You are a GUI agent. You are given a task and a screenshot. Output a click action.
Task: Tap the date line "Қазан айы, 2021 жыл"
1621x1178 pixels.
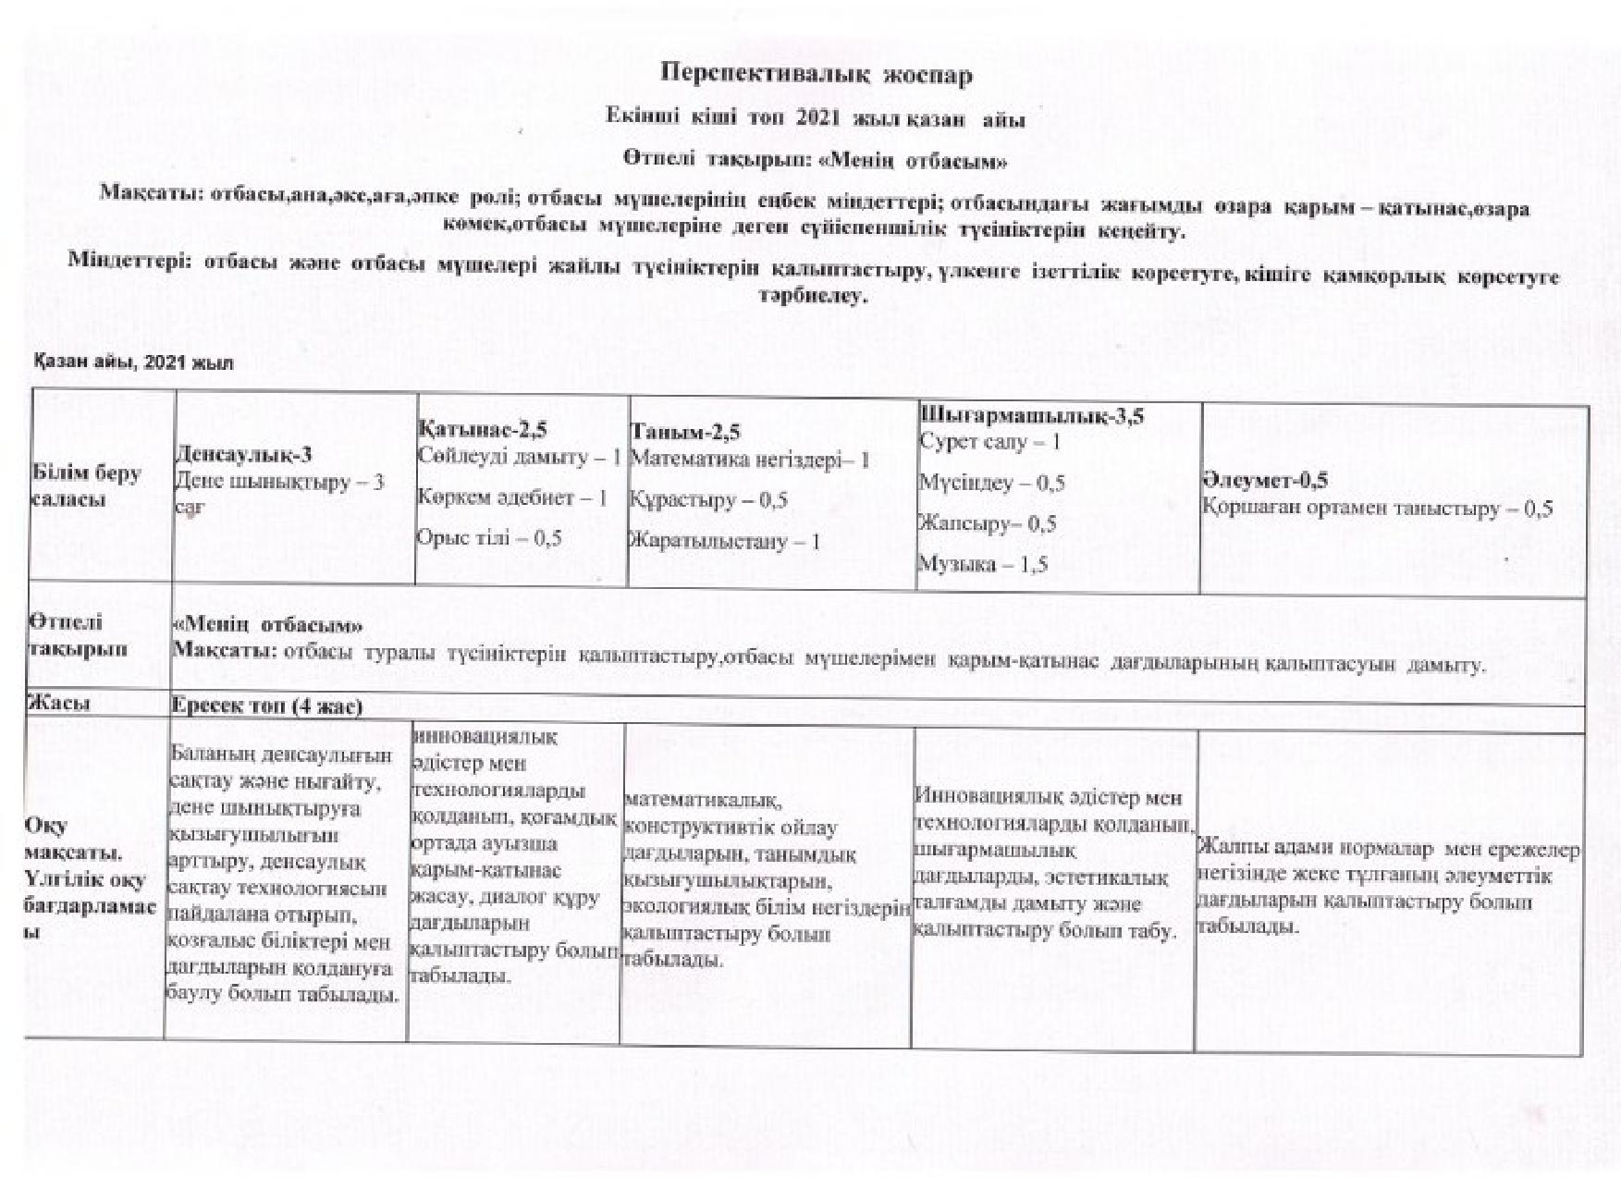(134, 363)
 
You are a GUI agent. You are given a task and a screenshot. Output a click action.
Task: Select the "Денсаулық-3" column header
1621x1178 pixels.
(243, 454)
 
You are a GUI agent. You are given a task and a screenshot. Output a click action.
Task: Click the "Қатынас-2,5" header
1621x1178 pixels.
(481, 429)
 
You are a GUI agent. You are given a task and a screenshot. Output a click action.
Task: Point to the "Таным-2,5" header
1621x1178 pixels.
(684, 432)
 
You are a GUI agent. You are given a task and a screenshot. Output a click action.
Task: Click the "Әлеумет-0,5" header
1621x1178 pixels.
(1265, 480)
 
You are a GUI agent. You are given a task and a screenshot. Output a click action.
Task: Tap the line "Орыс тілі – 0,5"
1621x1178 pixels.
(489, 539)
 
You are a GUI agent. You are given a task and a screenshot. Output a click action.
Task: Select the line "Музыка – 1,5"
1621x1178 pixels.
(983, 564)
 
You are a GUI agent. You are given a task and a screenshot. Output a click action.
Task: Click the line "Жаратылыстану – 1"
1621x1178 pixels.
(725, 541)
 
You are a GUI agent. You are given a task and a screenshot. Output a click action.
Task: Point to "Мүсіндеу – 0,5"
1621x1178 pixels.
(991, 483)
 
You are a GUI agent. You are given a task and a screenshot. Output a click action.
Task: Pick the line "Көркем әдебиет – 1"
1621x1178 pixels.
(511, 497)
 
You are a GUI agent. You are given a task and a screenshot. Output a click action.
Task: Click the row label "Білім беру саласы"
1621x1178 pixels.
(86, 486)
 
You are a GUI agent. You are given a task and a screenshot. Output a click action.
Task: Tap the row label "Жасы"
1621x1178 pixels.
(61, 703)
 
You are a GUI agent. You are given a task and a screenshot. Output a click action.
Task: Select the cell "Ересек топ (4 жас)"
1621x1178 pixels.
(267, 706)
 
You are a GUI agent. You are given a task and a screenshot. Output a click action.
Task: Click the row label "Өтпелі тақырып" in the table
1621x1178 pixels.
(78, 635)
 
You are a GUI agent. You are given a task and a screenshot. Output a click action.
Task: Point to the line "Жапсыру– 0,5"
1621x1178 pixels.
(987, 523)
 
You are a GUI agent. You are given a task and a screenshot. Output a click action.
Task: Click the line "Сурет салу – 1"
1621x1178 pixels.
(989, 442)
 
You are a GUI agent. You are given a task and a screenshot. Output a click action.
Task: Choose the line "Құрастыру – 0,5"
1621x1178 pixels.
(708, 500)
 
